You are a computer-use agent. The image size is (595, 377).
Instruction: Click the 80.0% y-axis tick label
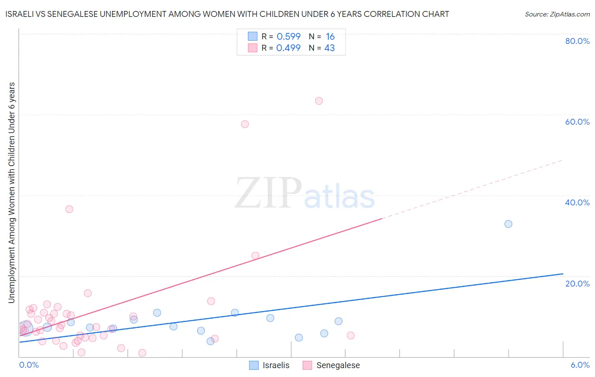577,41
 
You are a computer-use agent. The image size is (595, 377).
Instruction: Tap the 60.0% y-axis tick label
577,122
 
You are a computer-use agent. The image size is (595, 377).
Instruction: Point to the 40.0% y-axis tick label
577,202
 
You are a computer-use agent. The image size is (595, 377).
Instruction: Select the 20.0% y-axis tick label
577,284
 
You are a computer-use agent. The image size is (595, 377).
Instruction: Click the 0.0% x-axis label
29,365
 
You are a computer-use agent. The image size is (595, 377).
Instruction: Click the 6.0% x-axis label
580,365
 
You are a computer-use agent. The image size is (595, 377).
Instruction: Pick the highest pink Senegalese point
319,101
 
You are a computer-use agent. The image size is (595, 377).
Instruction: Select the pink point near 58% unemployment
245,124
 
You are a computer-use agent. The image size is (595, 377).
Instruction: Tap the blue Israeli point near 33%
508,224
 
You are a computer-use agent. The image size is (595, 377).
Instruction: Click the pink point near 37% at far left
69,209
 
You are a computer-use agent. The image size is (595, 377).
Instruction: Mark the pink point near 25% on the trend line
256,256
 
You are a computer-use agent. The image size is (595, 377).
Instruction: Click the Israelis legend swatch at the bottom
254,365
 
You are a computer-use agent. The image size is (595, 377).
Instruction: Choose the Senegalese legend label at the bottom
338,365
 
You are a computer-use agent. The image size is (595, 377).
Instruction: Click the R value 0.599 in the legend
289,37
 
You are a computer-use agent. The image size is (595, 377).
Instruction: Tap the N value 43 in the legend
329,48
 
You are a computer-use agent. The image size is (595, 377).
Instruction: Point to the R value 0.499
289,48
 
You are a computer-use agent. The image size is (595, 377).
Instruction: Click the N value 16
330,37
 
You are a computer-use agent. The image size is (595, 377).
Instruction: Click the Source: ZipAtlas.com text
557,14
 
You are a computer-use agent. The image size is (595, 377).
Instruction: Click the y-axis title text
12,192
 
